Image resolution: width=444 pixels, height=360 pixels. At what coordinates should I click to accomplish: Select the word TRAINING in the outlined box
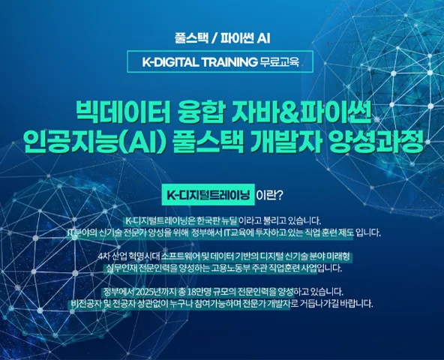229,61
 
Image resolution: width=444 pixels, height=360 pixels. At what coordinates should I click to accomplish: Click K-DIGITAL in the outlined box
170,61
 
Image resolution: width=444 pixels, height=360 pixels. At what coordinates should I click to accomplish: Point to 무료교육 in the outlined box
280,61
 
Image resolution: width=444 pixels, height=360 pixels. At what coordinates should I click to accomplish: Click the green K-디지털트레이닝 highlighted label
208,194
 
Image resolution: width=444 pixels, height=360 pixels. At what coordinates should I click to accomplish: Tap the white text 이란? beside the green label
269,195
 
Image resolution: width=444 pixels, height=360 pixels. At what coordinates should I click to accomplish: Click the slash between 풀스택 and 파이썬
214,38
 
